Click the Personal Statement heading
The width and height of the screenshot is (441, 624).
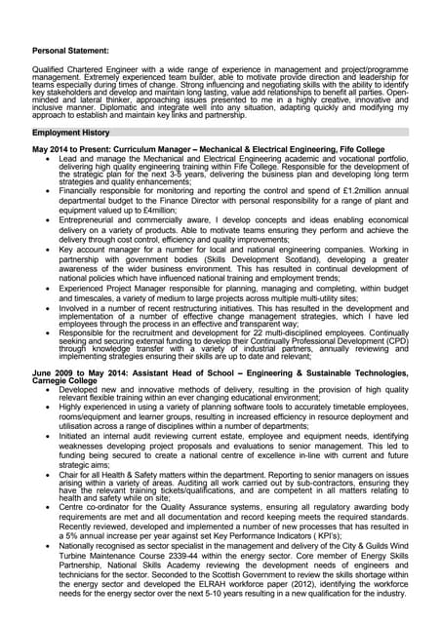[x=70, y=48]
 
